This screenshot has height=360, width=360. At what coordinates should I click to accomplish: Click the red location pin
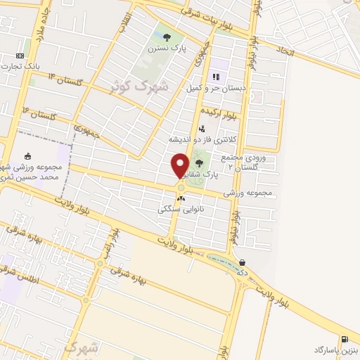(x=181, y=165)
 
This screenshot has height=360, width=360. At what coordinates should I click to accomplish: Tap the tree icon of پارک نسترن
(x=167, y=37)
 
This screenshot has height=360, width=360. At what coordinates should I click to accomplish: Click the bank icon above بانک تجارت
(x=19, y=56)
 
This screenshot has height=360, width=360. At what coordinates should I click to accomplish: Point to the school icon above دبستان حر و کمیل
(x=215, y=77)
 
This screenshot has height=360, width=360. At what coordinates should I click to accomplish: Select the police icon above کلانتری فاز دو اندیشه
(x=202, y=129)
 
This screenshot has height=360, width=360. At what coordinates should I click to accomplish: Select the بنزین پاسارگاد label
(x=336, y=349)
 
